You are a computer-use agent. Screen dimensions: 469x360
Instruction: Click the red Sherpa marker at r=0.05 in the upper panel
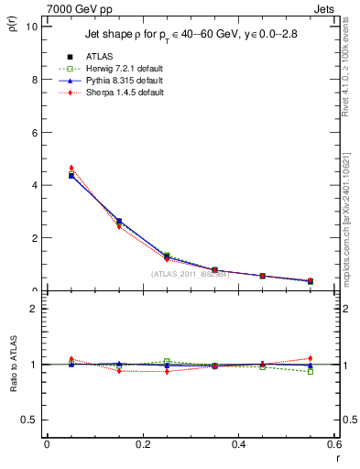(71, 168)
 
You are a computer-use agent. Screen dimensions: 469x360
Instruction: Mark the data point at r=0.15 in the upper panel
(119, 221)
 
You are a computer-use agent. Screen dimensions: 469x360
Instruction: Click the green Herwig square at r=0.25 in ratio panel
(167, 361)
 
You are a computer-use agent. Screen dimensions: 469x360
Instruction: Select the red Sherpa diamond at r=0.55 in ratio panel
(310, 358)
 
